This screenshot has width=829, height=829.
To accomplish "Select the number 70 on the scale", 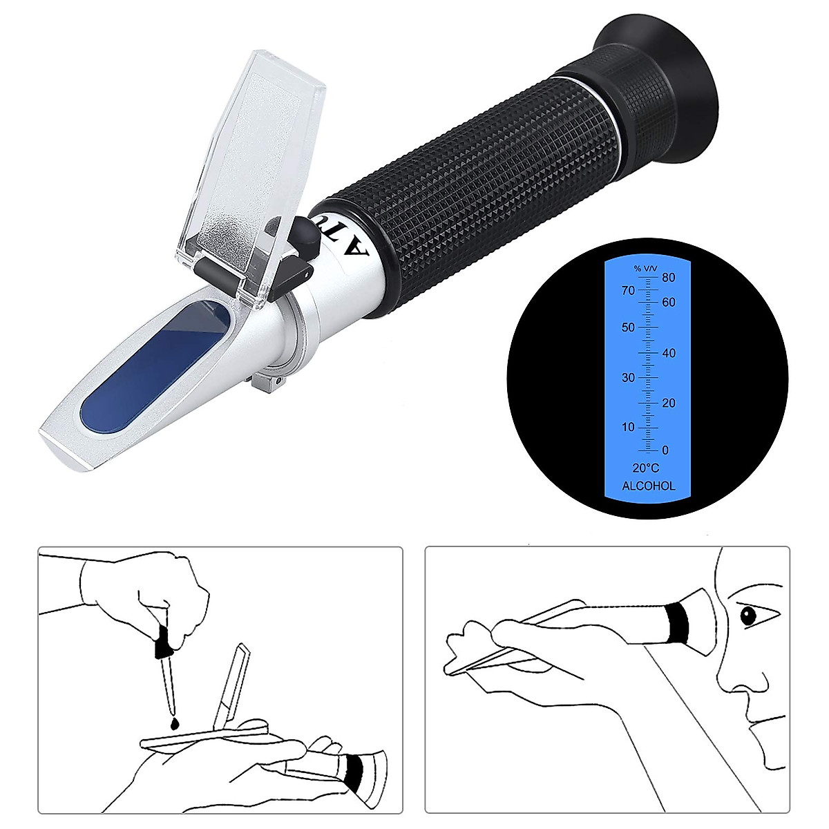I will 627,291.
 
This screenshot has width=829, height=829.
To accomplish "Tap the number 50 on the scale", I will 627,327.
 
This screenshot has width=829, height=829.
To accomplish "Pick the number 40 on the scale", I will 668,353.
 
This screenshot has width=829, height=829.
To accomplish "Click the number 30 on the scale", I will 627,377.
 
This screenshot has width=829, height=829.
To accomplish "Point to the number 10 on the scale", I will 627,427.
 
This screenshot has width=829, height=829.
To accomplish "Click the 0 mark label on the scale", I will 665,450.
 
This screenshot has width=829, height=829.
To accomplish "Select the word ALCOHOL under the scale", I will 648,486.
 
